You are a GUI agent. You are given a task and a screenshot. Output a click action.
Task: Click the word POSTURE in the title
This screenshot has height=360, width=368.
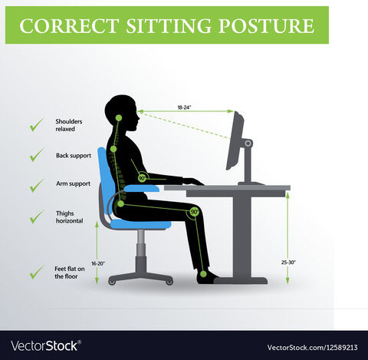tap(266, 26)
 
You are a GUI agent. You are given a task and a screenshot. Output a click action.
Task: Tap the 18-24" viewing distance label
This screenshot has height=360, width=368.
tap(184, 107)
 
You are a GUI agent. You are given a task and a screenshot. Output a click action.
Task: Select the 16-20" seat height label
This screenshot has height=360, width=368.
tap(98, 263)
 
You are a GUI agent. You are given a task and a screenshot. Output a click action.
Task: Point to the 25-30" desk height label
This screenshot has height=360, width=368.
tap(288, 263)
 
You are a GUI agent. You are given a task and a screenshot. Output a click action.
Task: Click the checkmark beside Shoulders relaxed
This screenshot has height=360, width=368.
tap(37, 125)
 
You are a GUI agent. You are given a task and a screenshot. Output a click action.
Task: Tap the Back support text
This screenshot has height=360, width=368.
tap(74, 156)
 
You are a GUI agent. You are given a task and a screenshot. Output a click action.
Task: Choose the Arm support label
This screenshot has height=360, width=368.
tap(74, 183)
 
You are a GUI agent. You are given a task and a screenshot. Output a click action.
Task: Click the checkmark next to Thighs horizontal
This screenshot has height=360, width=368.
tap(37, 216)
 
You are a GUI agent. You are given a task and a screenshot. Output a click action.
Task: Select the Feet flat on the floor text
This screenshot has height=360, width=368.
tap(70, 272)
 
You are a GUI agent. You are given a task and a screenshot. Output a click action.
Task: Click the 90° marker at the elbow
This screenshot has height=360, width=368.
tap(143, 177)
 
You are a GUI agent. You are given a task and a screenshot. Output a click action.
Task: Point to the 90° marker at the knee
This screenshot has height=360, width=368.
tap(195, 212)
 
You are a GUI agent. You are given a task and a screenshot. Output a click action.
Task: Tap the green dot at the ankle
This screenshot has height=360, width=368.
tap(203, 274)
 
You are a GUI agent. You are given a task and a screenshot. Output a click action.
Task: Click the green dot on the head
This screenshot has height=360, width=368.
tap(119, 118)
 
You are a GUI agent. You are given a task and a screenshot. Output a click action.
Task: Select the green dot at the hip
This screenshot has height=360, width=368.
tap(120, 204)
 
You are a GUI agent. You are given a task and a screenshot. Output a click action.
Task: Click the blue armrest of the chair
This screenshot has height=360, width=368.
tap(142, 189)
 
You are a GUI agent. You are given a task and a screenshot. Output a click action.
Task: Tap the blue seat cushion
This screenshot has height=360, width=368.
tap(141, 224)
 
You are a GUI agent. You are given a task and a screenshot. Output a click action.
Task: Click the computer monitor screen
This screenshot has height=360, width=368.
tap(235, 140)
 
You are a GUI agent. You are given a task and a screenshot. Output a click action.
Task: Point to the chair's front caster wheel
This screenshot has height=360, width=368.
tap(169, 282)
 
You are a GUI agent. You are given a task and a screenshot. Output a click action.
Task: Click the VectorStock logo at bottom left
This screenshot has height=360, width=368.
tap(46, 346)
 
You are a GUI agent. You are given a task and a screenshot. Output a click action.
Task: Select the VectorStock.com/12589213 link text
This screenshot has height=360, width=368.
tap(312, 348)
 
